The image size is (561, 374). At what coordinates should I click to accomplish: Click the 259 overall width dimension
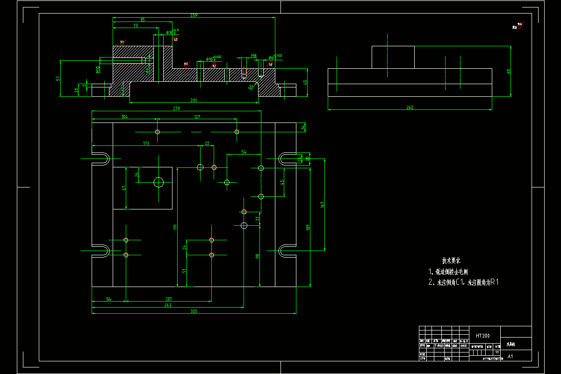click(x=194, y=15)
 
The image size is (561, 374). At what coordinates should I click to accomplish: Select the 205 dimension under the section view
click(x=194, y=100)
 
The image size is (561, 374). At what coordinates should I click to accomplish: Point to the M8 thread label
click(x=254, y=56)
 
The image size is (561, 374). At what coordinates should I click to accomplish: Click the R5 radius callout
click(x=251, y=86)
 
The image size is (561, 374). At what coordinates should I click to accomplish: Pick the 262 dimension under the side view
click(x=410, y=108)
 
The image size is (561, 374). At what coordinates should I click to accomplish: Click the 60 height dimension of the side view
click(x=509, y=72)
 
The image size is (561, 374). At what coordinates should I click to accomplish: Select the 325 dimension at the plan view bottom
click(x=194, y=311)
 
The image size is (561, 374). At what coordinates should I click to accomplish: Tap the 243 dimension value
click(x=168, y=305)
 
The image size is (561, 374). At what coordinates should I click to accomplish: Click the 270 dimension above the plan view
click(x=177, y=108)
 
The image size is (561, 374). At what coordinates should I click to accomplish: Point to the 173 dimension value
click(x=146, y=144)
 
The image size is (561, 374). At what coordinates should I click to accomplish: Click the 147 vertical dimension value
click(x=322, y=204)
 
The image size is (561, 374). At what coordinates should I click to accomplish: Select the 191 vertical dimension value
click(x=175, y=227)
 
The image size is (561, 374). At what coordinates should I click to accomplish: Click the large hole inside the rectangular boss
click(x=158, y=182)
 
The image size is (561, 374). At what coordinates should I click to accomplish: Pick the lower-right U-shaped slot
click(x=287, y=251)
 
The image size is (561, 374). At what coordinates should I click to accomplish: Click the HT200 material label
click(x=483, y=336)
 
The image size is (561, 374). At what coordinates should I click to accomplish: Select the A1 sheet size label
click(x=510, y=356)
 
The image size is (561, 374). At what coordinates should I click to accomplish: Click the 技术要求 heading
click(x=451, y=260)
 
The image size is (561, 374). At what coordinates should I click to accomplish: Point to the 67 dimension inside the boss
click(x=124, y=188)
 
